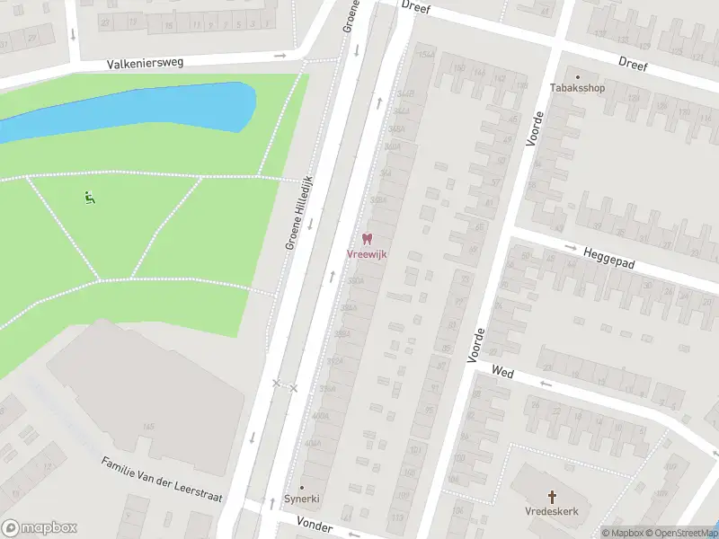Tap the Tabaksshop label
click(x=578, y=88)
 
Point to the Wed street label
click(x=502, y=371)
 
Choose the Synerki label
click(x=302, y=499)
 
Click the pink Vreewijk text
click(x=367, y=254)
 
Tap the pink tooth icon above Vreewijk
click(x=367, y=239)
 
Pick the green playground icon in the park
click(x=88, y=198)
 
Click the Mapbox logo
click(x=40, y=528)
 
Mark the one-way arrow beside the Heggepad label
click(x=570, y=247)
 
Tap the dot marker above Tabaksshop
click(x=578, y=76)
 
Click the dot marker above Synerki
click(x=302, y=487)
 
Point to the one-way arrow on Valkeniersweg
click(x=280, y=56)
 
